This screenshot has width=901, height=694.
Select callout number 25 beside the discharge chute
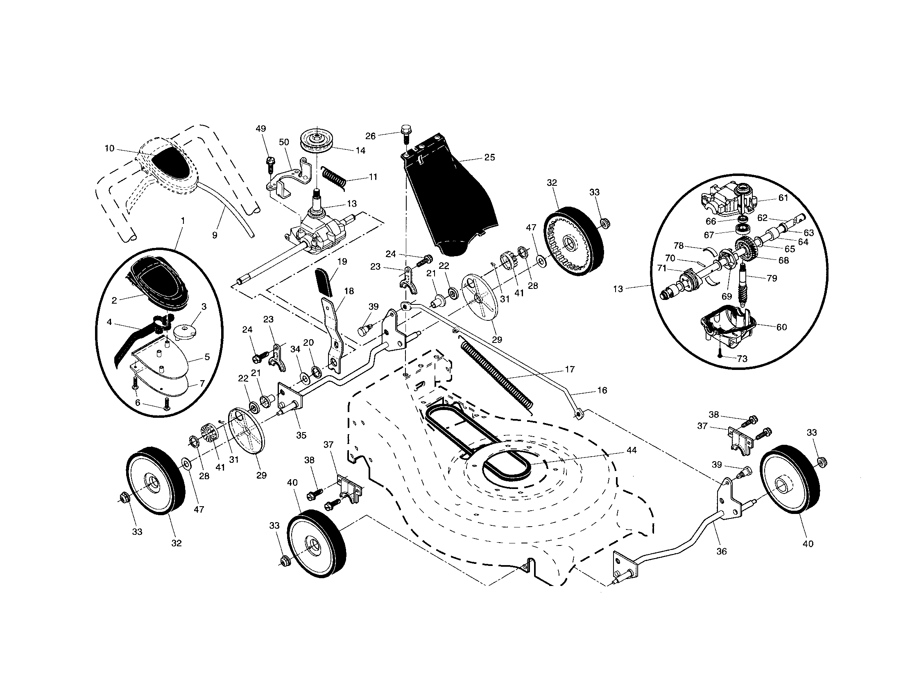tap(489, 158)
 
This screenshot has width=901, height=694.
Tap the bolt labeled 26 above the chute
tap(405, 131)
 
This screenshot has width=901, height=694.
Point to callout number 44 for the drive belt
tap(631, 451)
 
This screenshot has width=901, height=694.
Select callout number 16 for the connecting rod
tap(602, 390)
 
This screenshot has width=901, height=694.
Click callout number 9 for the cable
tap(214, 235)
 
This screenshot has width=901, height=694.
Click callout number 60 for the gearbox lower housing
tap(781, 327)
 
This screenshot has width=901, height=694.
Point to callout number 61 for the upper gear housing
tap(783, 198)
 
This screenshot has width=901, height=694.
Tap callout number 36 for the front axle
tap(721, 551)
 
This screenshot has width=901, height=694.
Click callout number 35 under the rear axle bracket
tap(301, 435)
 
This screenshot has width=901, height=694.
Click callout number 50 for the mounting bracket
tap(284, 142)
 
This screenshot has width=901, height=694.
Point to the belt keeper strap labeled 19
tap(324, 282)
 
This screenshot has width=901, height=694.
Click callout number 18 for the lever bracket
tap(349, 291)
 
